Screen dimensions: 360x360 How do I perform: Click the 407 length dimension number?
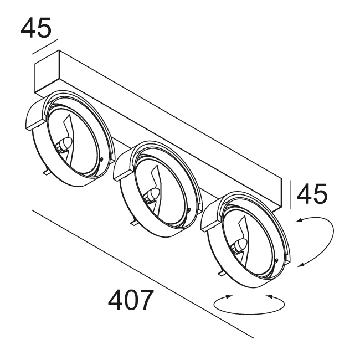(131, 301)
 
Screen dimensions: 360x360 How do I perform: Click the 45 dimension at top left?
(36, 28)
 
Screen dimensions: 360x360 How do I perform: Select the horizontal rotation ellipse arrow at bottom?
(249, 302)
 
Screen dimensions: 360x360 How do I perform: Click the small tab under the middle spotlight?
(133, 222)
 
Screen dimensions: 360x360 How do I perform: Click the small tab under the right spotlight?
(221, 272)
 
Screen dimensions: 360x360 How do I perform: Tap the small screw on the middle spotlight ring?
(189, 210)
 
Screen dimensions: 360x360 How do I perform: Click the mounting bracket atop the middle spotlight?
(123, 166)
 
